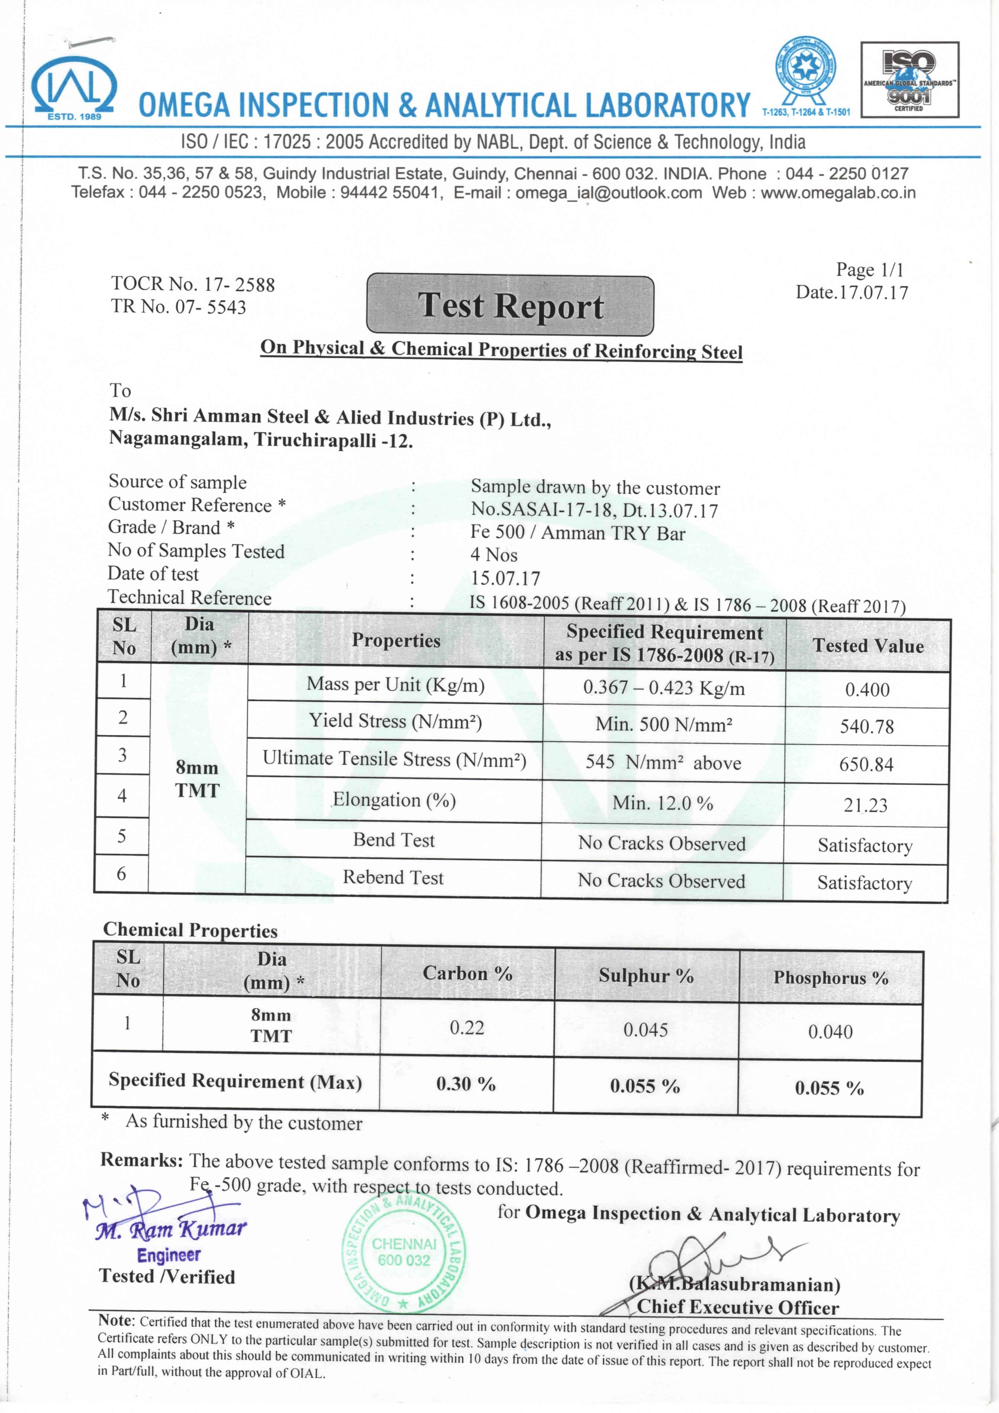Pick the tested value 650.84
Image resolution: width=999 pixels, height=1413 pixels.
point(866,765)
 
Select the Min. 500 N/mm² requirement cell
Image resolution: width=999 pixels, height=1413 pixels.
point(663,724)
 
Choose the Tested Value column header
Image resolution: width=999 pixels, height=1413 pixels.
point(868,646)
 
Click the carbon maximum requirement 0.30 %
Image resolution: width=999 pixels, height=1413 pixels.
point(466,1084)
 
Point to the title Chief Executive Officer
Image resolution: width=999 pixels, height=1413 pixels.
point(737,1307)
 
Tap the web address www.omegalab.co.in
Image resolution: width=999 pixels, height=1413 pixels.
point(838,193)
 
